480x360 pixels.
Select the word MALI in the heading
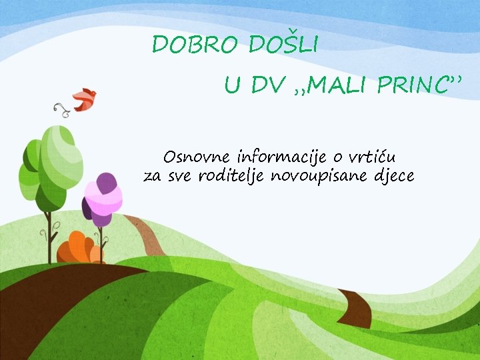click(334, 85)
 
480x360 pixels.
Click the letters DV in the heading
click(268, 85)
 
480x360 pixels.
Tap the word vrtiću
click(371, 158)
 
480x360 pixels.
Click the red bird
click(85, 99)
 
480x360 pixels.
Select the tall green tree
click(50, 167)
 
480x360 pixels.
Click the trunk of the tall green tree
click(48, 237)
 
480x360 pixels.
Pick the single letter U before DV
click(231, 85)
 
